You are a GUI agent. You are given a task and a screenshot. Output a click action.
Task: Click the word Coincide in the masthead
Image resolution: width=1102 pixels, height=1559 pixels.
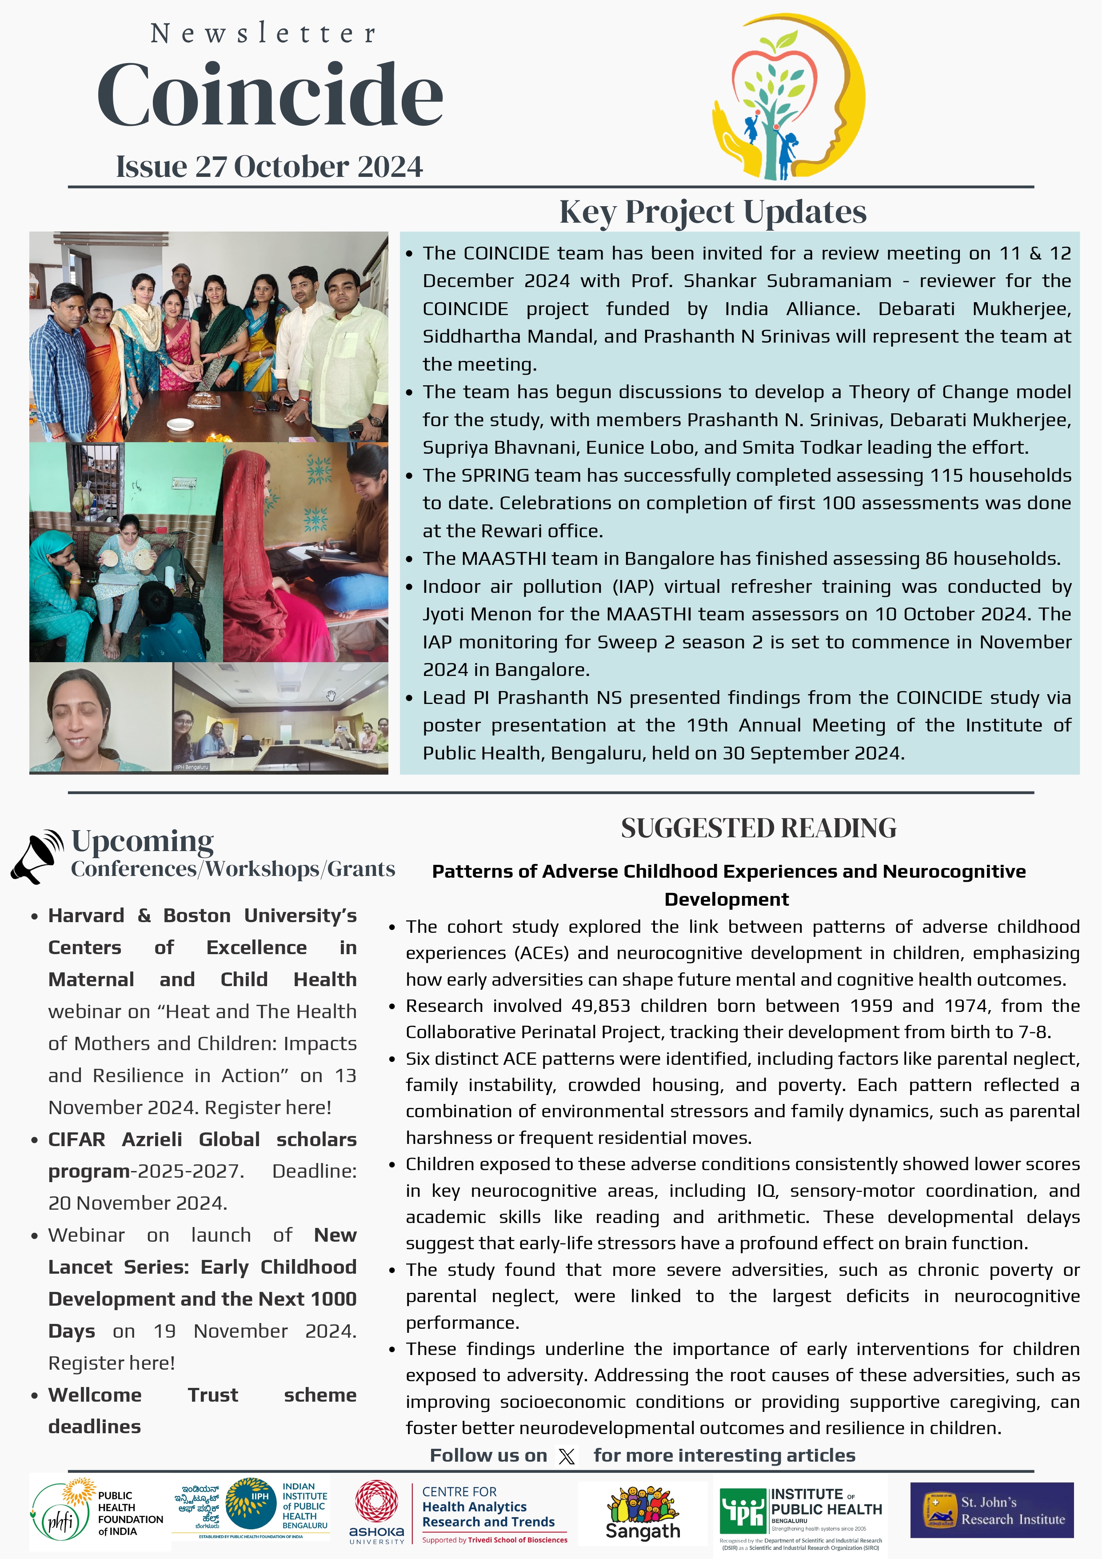[270, 95]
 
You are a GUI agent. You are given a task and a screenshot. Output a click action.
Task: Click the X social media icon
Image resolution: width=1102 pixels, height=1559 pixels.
[566, 1456]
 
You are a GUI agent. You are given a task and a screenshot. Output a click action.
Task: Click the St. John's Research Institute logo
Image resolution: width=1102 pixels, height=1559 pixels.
[991, 1510]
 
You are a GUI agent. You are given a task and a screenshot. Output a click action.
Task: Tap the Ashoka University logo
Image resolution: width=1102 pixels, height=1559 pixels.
[377, 1511]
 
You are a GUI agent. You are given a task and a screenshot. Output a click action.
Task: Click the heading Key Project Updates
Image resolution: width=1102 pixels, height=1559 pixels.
[712, 212]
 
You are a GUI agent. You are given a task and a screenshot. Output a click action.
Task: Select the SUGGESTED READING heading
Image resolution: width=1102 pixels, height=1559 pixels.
[759, 828]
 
